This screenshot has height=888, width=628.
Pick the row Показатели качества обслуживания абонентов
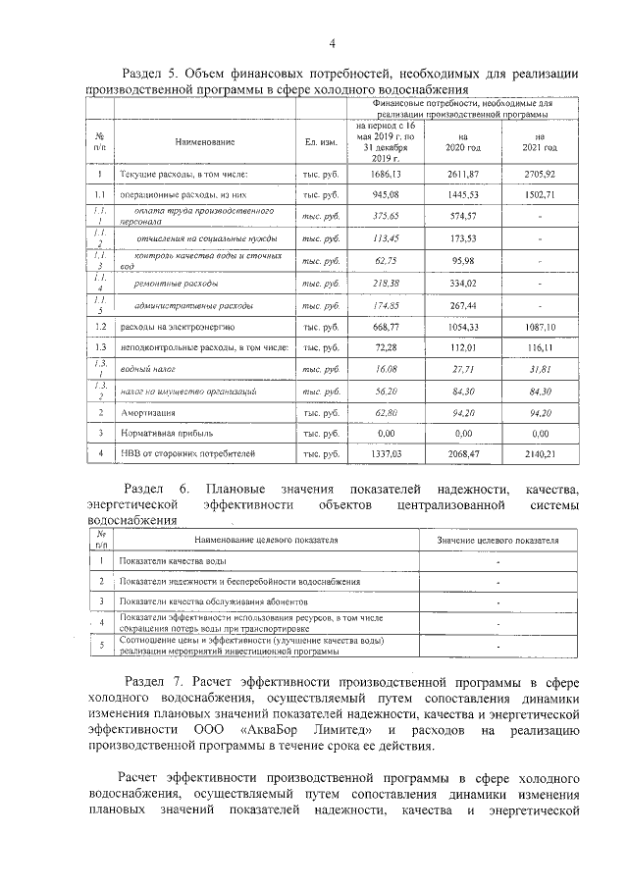pyautogui.click(x=213, y=601)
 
